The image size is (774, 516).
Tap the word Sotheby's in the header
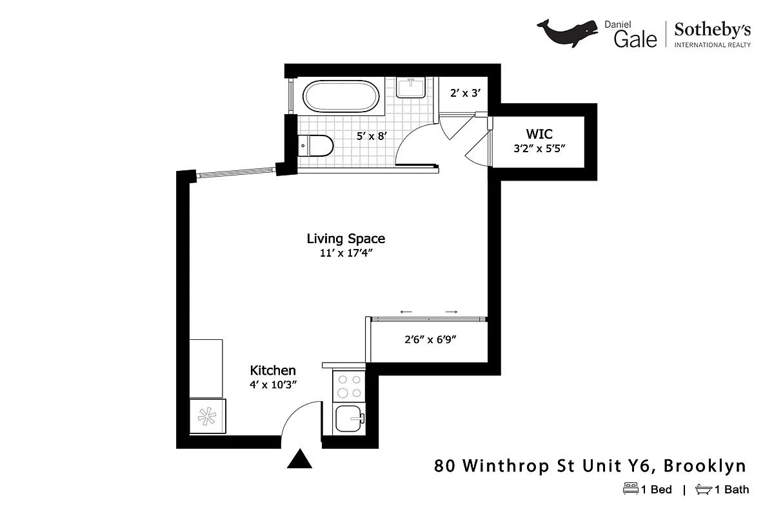[x=712, y=29]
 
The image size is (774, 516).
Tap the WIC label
[x=539, y=134]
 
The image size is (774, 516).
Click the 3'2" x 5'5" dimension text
[x=539, y=148]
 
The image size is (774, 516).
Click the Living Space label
[x=346, y=239]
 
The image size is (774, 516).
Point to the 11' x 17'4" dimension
[x=346, y=253]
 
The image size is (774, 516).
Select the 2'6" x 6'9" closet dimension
[x=430, y=339]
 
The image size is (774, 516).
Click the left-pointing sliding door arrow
[x=406, y=312]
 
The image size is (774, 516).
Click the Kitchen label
[x=273, y=370]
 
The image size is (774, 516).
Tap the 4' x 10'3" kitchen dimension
[x=273, y=384]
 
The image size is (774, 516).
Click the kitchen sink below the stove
[x=350, y=420]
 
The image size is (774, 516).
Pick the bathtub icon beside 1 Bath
[x=703, y=490]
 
